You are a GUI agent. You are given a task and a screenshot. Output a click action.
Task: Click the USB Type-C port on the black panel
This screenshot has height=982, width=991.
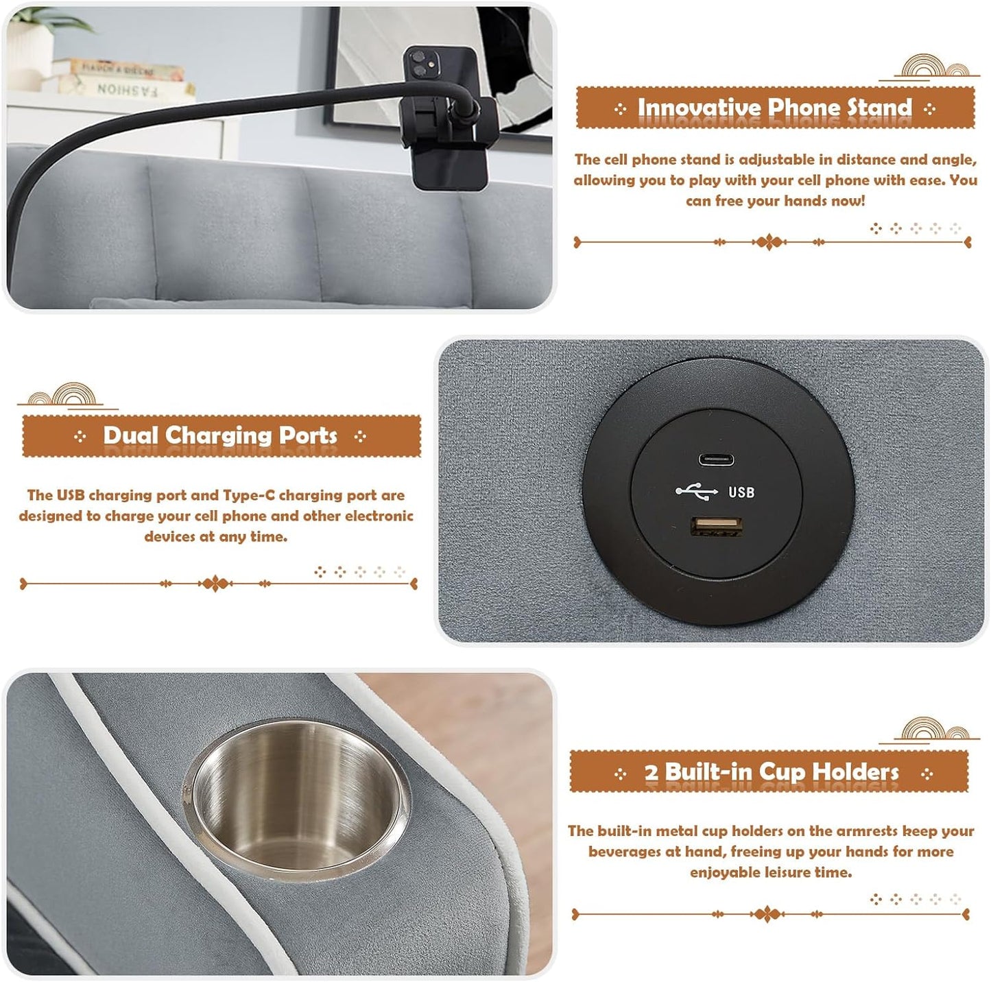coord(716,459)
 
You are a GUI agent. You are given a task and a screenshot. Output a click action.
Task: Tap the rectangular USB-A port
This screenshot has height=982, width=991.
coord(715,526)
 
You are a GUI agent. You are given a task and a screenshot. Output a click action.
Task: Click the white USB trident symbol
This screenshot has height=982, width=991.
coord(697,492)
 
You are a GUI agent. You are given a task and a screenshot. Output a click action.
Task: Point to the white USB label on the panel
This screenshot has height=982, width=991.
coord(741,492)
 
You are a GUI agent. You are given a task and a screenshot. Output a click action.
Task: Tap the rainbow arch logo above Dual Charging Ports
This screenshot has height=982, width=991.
coord(66,396)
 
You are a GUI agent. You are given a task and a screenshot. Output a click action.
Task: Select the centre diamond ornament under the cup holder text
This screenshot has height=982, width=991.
coord(767,914)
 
